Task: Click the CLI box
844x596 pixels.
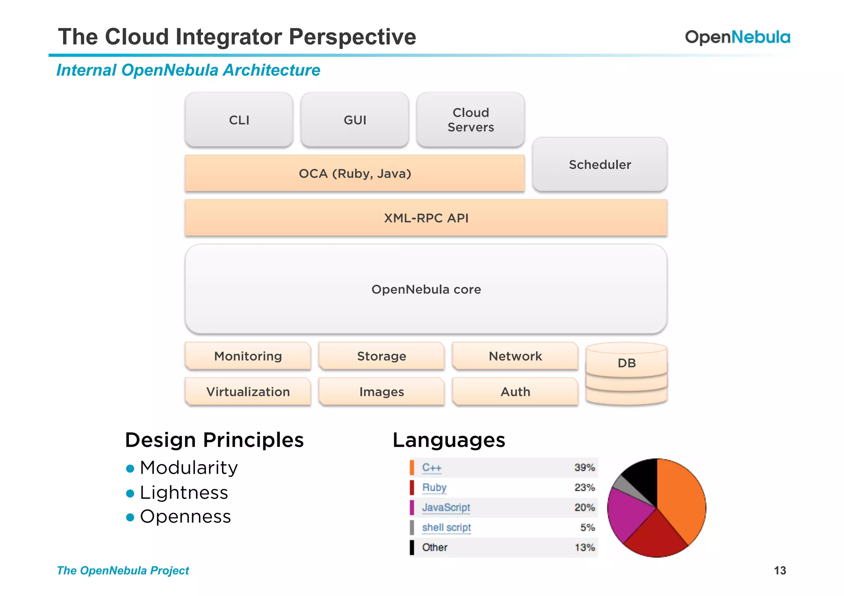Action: pos(239,120)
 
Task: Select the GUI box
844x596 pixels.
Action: pos(355,120)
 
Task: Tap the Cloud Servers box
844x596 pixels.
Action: pos(471,120)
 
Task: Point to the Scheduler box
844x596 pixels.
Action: pos(600,164)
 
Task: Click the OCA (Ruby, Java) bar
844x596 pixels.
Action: pos(355,173)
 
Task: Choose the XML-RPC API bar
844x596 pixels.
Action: pos(426,218)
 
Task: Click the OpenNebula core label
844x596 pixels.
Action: pos(426,289)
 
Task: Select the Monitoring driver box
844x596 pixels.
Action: pos(248,356)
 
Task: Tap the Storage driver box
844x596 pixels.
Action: pos(382,356)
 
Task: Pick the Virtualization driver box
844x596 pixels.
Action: pos(248,392)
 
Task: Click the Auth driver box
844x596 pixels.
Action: pos(515,392)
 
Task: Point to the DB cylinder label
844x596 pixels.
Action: pos(626,363)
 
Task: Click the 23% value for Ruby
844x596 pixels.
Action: pos(584,488)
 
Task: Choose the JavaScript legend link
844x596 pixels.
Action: pos(446,507)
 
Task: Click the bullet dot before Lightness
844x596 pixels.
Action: pos(130,493)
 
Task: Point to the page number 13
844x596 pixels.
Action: pos(780,570)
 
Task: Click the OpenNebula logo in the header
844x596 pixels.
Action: pos(737,37)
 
